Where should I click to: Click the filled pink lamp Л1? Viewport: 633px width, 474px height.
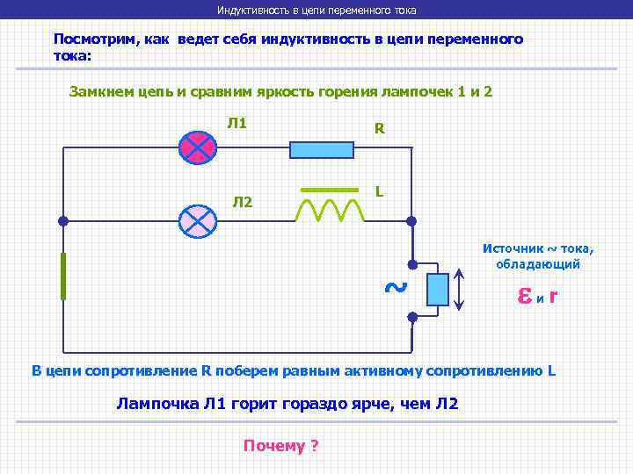197,148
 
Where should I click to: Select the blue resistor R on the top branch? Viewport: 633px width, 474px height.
322,149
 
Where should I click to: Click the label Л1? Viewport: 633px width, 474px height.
236,123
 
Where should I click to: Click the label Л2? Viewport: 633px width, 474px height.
242,203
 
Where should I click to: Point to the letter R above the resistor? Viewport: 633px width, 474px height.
379,129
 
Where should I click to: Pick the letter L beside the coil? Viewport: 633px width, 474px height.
378,190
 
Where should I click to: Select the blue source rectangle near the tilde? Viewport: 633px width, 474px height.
437,289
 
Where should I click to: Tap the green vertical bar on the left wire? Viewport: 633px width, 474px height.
63,276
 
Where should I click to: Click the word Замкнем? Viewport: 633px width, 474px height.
102,91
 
